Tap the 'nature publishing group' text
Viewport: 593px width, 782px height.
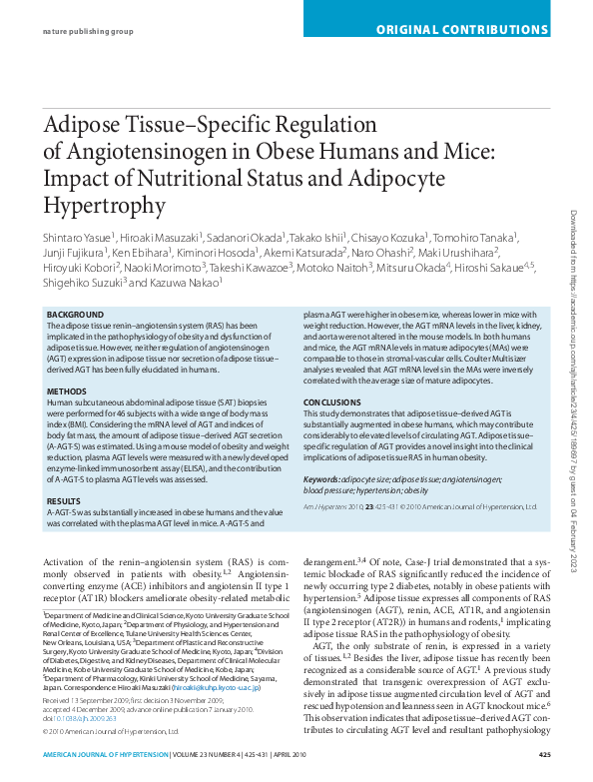tap(87, 31)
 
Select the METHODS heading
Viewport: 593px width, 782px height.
tap(67, 391)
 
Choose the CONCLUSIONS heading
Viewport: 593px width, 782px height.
tap(332, 401)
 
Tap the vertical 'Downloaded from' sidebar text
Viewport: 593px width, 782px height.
tap(574, 390)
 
